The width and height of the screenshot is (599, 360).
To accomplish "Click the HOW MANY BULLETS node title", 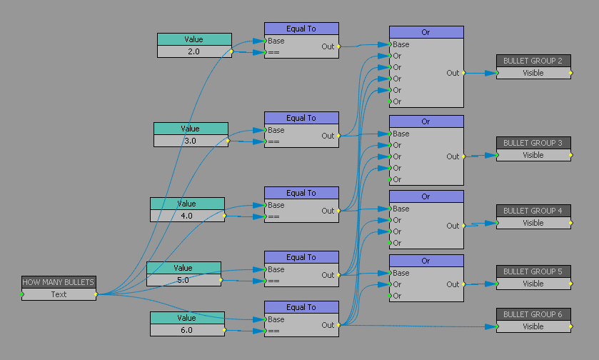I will click(x=59, y=282).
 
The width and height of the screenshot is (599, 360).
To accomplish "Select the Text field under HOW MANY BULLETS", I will click(x=59, y=294).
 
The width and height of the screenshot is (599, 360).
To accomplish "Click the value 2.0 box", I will click(x=194, y=51).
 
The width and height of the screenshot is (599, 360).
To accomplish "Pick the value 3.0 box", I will click(x=191, y=141).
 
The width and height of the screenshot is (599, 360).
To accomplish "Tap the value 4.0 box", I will click(x=187, y=216).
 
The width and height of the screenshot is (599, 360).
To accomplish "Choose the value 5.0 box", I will click(x=183, y=280).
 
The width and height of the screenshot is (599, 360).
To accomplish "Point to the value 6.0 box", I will click(x=187, y=330).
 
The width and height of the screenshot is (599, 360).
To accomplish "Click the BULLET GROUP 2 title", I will click(x=533, y=61).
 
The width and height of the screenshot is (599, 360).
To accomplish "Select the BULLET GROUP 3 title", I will click(x=533, y=143).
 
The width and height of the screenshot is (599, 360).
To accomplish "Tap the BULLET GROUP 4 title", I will click(x=533, y=211).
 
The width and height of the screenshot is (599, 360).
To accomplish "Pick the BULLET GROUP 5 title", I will click(x=533, y=271).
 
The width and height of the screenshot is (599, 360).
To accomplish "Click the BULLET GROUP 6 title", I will click(x=533, y=314).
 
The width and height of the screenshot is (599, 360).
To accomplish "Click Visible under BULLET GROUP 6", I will click(x=533, y=326).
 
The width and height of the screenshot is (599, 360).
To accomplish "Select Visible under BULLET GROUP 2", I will click(x=533, y=73).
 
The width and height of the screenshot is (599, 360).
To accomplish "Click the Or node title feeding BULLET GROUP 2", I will click(x=426, y=32).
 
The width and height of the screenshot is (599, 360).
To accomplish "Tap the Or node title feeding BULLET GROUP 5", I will click(x=426, y=261).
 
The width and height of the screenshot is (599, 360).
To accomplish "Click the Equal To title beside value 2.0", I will click(x=301, y=29).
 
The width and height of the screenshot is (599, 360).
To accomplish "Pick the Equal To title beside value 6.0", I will click(x=301, y=307).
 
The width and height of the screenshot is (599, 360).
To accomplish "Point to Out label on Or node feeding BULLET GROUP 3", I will click(x=453, y=156).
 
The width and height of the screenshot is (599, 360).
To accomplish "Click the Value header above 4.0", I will click(x=187, y=204).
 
